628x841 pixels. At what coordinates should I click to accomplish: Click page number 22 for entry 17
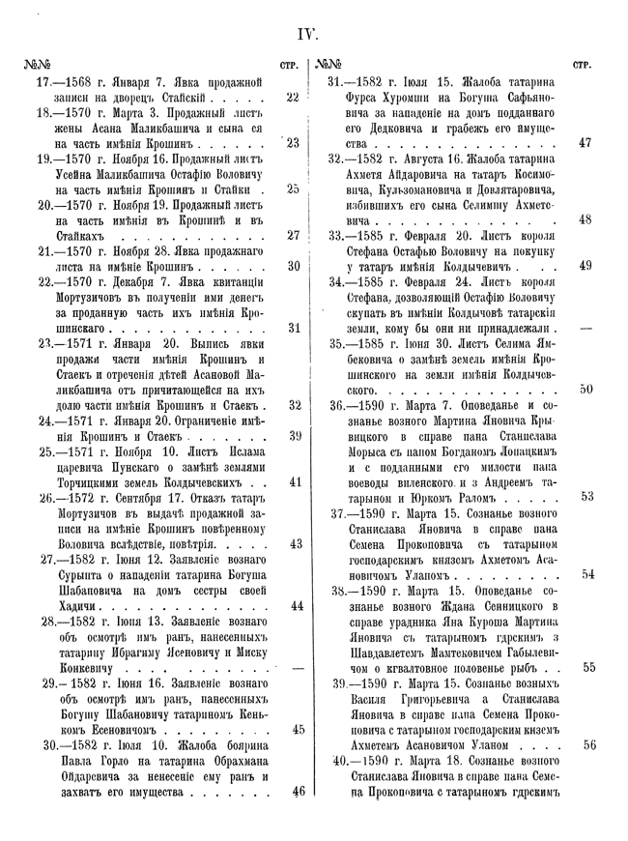coord(294,98)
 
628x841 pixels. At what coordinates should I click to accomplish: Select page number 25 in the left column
coord(294,189)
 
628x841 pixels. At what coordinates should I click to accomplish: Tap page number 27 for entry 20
coord(294,235)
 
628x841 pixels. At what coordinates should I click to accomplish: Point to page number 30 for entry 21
coord(294,266)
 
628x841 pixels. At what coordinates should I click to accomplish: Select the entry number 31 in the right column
coord(338,82)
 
